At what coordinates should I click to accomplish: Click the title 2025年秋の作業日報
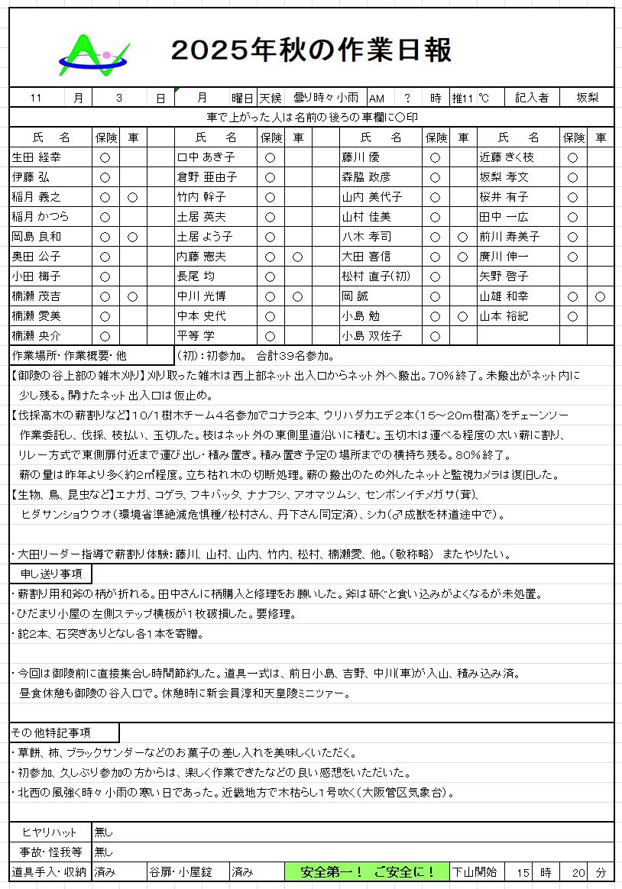pos(311,50)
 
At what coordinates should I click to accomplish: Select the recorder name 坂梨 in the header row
pos(587,98)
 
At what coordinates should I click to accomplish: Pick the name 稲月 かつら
pos(40,217)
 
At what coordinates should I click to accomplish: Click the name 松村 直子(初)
pos(374,276)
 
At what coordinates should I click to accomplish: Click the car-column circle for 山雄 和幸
pos(601,296)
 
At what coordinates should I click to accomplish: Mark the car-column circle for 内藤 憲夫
pos(298,257)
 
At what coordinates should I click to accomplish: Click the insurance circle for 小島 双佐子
pos(435,335)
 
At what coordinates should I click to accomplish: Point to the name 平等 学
pos(198,335)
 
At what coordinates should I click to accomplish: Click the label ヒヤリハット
pos(50,832)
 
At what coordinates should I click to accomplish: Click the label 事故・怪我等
pos(50,852)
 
